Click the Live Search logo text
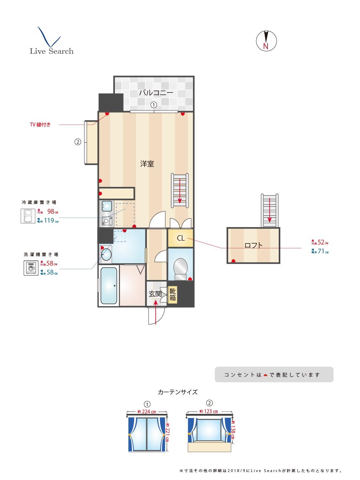[x=52, y=51]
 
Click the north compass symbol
[x=266, y=41]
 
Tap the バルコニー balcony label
[x=156, y=93]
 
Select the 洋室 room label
[x=147, y=164]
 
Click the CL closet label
[x=180, y=238]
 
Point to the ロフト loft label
[x=253, y=245]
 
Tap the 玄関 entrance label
[x=155, y=294]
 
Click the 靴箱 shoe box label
[x=172, y=295]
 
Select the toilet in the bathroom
[x=180, y=268]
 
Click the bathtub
[x=108, y=286]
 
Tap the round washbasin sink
[x=106, y=255]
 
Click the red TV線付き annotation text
[x=40, y=125]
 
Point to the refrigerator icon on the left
[x=28, y=216]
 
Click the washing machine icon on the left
[x=31, y=268]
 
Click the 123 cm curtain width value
[x=211, y=411]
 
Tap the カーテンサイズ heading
[x=178, y=392]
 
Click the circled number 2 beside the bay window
[x=77, y=142]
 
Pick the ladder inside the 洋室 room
[x=180, y=191]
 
